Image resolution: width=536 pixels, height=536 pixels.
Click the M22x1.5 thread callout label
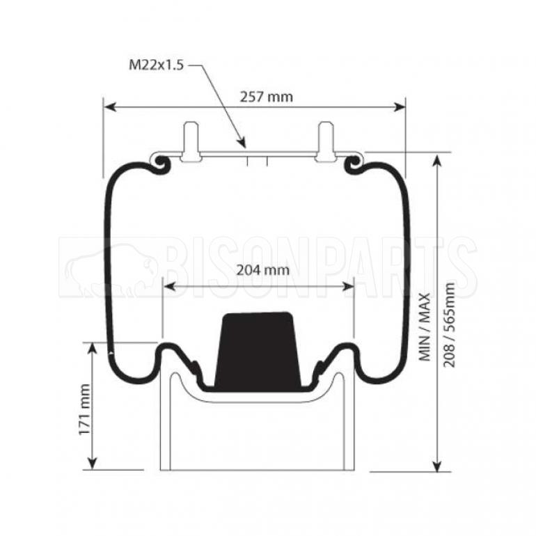pos(156,65)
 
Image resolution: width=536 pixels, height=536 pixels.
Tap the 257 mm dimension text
pos(267,97)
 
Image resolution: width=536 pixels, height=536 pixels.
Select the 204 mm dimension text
pos(263,270)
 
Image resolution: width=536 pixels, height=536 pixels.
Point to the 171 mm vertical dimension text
pos(85,409)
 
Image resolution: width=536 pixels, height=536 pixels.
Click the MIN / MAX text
pos(425,326)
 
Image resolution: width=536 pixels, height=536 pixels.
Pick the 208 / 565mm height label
pos(449,325)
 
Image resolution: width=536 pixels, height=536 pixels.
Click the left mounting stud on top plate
pos(191,141)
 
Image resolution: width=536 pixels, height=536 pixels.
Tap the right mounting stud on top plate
pos(326,141)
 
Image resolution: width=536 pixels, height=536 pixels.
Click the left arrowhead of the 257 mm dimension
pos(109,107)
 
